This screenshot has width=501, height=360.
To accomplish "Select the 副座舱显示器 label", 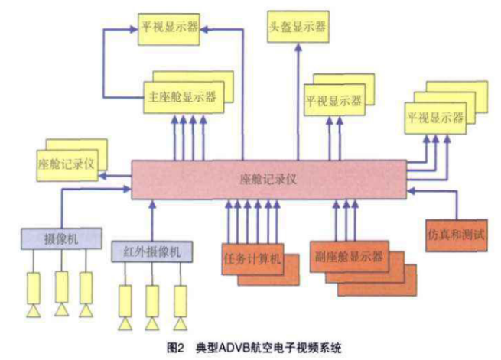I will click(349, 255).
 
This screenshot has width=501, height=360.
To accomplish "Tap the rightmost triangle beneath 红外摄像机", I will click(180, 324).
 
